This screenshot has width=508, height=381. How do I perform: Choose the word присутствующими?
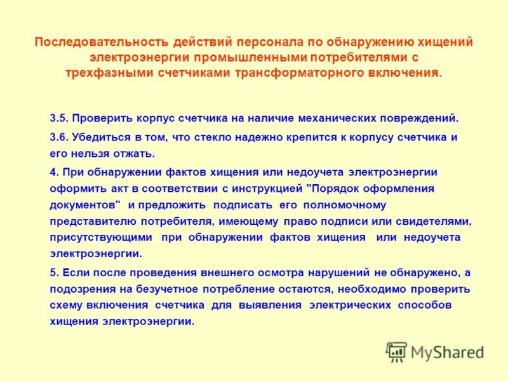(101, 237)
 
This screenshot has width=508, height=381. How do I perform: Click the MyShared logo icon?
(397, 351)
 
